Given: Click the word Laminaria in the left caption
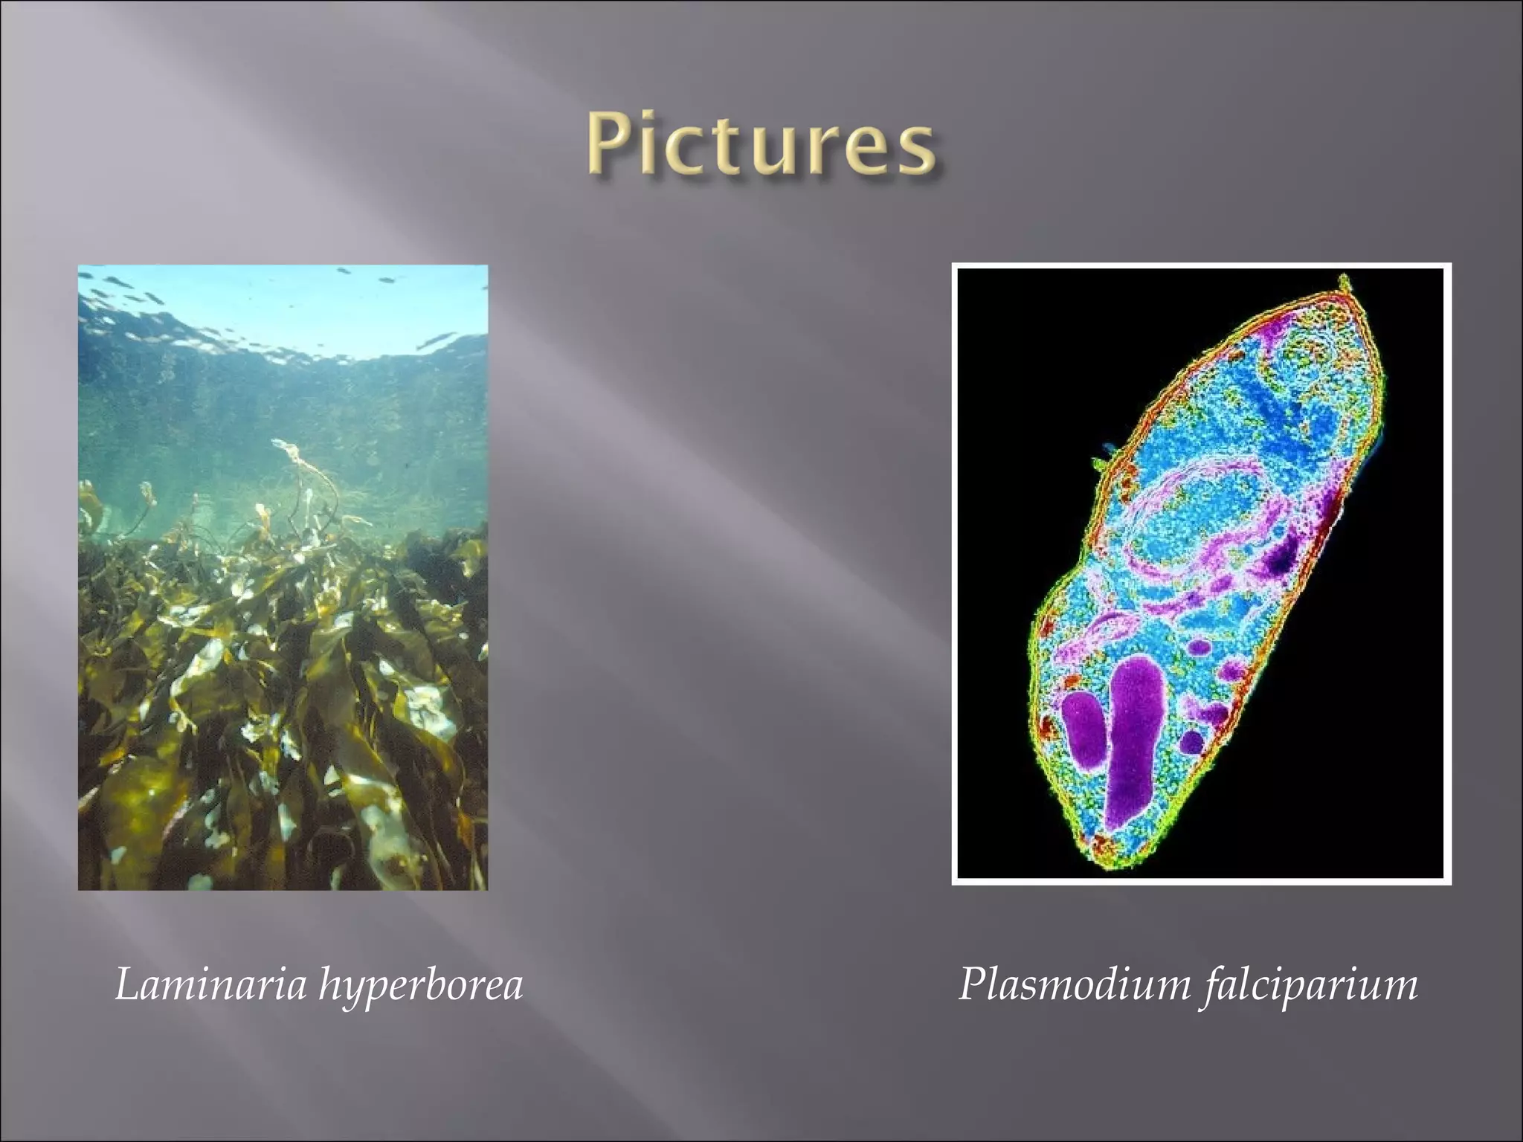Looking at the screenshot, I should (211, 986).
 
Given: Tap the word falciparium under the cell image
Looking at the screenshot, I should (1310, 987).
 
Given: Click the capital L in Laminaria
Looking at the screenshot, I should (126, 986).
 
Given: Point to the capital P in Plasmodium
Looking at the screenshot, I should (971, 986).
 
